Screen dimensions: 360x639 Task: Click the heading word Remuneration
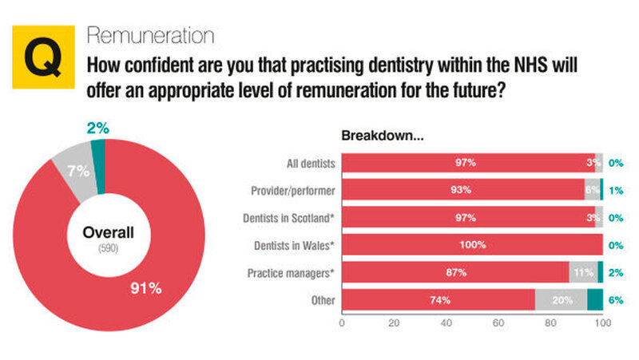149,36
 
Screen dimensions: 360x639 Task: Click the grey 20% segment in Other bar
561,300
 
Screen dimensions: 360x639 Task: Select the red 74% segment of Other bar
439,300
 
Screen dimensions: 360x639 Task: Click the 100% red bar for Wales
472,245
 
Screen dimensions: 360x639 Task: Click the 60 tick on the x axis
498,323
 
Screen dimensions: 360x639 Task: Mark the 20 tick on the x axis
394,323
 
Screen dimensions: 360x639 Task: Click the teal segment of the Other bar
595,300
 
